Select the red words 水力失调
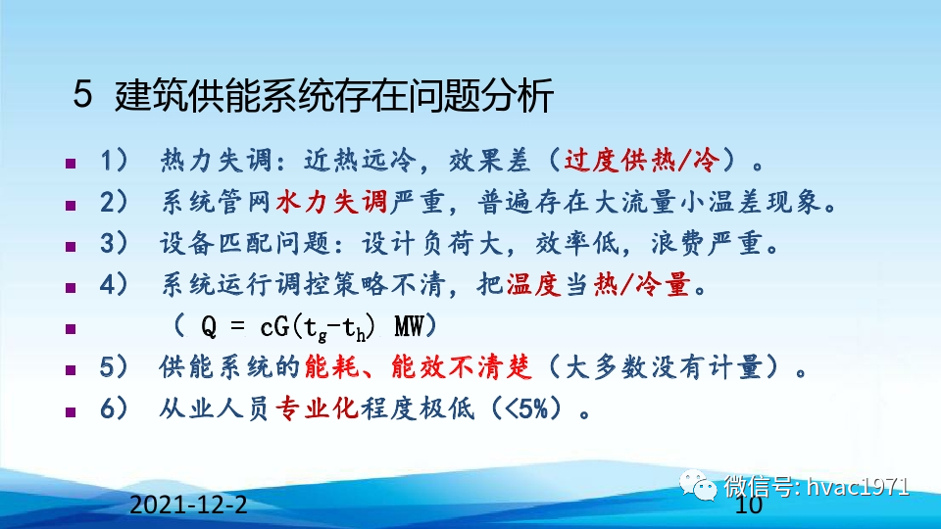point(319,203)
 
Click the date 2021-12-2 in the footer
point(188,506)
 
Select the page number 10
point(748,506)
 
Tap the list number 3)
point(115,245)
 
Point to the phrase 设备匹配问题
point(218,245)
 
